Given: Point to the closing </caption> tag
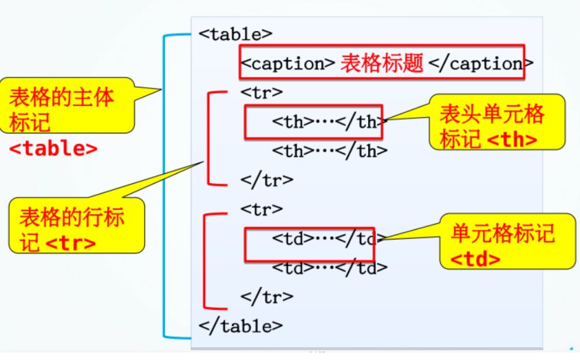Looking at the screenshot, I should (x=477, y=63).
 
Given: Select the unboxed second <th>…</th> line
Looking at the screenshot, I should (x=330, y=151).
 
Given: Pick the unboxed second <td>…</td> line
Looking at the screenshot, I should (x=330, y=268).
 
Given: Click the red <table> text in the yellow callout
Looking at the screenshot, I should (x=53, y=148).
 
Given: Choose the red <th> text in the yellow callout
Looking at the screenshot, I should (x=512, y=139).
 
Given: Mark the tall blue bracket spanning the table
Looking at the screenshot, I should (x=164, y=186).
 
